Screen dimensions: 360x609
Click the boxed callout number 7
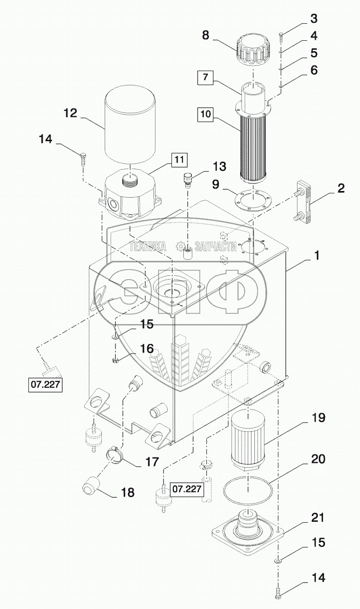point(206,77)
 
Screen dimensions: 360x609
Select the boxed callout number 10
point(206,114)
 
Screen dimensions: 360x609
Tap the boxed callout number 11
point(180,160)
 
